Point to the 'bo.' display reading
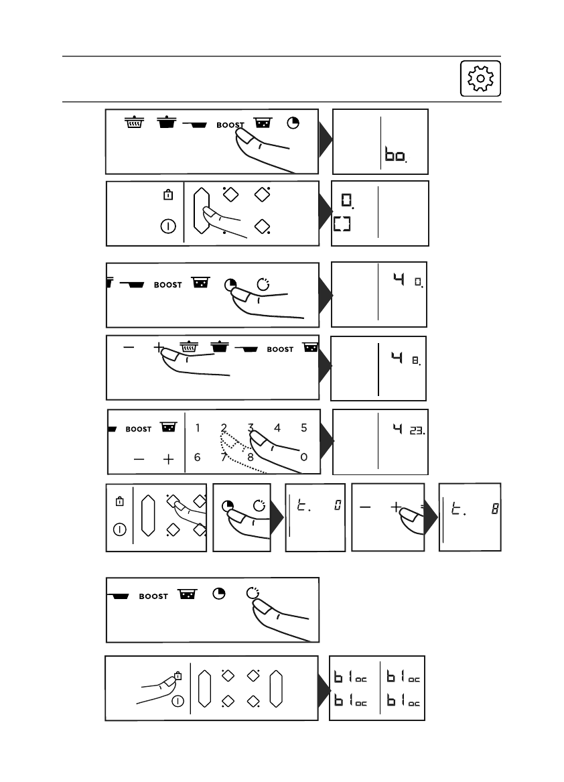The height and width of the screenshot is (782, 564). click(395, 156)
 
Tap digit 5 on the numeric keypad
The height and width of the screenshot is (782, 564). click(303, 428)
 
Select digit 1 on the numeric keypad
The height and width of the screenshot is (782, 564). click(198, 428)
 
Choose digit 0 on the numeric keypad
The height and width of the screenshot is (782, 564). click(304, 457)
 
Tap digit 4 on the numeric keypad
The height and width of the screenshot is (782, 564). click(277, 428)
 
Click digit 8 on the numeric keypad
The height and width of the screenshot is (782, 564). click(250, 457)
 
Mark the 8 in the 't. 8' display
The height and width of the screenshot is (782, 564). click(494, 509)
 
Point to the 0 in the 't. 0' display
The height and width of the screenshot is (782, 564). click(336, 506)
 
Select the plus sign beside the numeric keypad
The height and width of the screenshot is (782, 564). click(168, 459)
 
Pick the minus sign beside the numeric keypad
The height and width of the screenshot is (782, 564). click(139, 459)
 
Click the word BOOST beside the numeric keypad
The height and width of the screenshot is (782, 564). click(139, 430)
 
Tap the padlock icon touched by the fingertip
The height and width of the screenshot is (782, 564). click(178, 676)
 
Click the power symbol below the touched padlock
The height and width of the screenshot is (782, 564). click(178, 701)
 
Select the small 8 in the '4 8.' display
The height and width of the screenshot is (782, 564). click(416, 360)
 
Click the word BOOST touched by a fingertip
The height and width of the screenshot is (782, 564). click(230, 125)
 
